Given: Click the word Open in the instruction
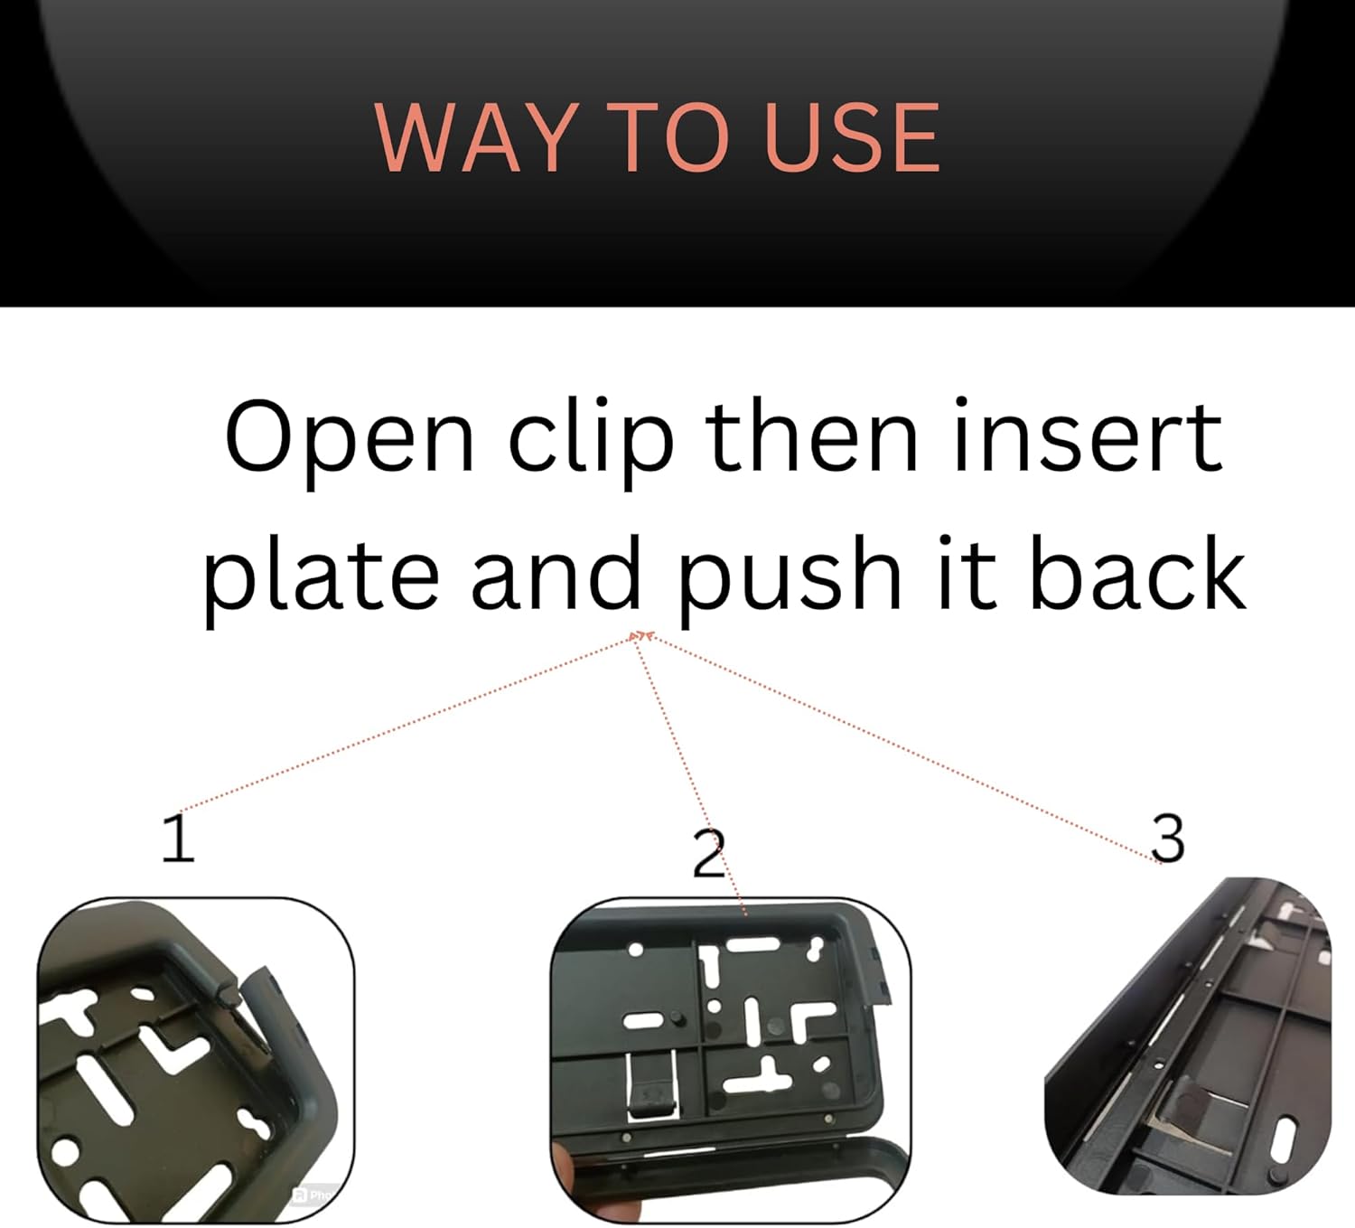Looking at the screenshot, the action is pyautogui.click(x=350, y=436).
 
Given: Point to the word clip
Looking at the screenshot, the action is pyautogui.click(x=591, y=436).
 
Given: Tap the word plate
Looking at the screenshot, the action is pyautogui.click(x=322, y=575).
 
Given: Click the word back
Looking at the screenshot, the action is pyautogui.click(x=1137, y=571).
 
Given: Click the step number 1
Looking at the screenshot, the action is pyautogui.click(x=178, y=838).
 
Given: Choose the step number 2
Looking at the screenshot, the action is pyautogui.click(x=709, y=852).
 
